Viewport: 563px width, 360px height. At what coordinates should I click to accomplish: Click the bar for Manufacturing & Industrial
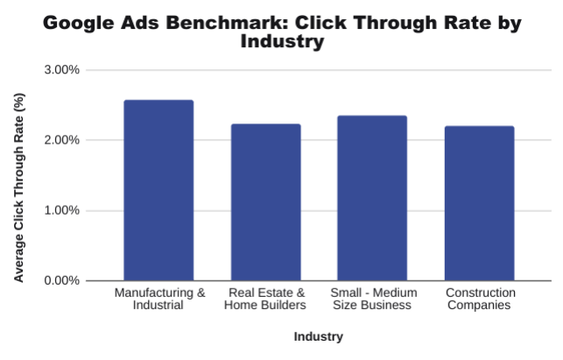158,191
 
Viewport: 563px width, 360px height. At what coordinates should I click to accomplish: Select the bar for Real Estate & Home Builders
265,202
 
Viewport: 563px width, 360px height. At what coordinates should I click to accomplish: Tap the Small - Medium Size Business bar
372,198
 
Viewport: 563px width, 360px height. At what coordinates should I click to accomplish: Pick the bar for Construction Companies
479,203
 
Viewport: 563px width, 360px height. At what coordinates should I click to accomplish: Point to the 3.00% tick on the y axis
61,70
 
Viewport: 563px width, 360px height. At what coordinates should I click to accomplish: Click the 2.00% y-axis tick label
61,140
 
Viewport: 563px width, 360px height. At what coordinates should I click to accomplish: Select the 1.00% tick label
61,210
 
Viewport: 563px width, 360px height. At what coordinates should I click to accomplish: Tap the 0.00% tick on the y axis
61,280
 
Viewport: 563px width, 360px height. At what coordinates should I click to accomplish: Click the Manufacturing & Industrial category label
159,299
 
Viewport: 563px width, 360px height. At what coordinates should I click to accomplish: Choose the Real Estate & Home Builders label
265,299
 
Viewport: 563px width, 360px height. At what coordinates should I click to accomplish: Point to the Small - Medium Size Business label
372,299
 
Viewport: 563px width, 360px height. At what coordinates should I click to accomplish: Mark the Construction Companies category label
480,299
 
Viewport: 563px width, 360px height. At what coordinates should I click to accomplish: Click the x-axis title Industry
318,336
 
